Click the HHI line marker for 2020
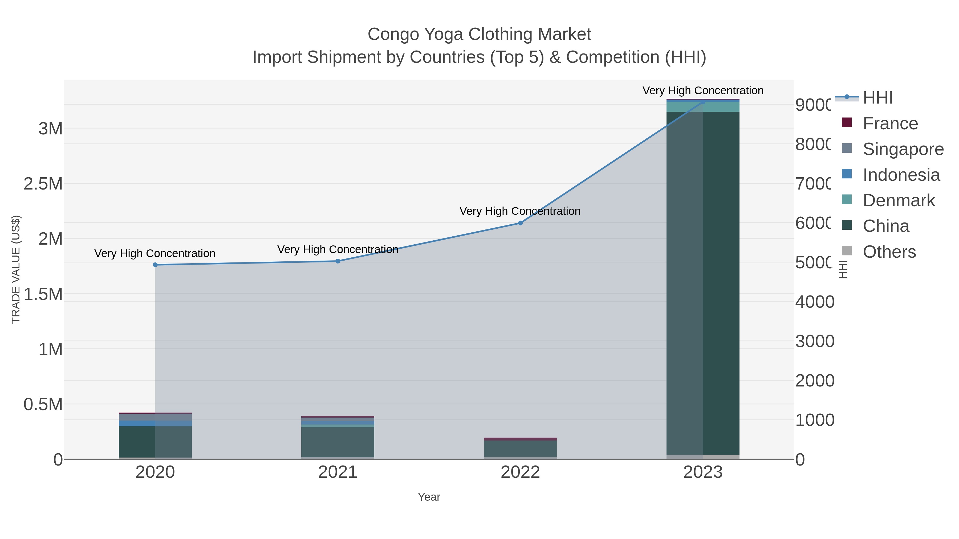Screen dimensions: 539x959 pos(155,265)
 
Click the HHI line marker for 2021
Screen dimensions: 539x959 pos(338,261)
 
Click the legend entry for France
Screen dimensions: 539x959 pos(890,124)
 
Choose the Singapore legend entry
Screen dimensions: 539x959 pos(903,149)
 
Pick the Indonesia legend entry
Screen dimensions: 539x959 pos(901,175)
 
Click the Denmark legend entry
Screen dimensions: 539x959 pos(898,200)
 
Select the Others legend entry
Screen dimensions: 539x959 pos(889,252)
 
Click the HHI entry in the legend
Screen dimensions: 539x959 pos(877,98)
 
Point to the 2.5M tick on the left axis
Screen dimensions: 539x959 pos(43,184)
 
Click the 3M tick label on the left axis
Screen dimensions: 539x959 pos(51,129)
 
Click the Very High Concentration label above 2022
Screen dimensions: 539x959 pos(520,211)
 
